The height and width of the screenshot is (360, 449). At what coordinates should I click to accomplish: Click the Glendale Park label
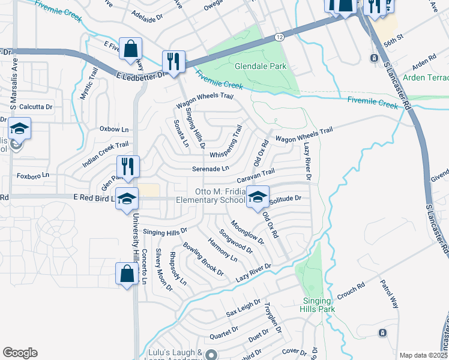coord(261,66)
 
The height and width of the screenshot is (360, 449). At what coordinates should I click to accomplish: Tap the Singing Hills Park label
coord(316,305)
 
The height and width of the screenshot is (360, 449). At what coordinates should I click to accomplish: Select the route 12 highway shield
coord(280,38)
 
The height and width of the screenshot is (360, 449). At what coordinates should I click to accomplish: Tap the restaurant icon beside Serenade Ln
coord(128,166)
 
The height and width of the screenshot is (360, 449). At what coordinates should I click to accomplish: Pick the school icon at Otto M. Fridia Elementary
coord(257,198)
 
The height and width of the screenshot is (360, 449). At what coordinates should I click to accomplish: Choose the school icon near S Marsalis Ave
coord(19,129)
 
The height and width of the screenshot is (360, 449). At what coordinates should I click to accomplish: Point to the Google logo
coord(20,353)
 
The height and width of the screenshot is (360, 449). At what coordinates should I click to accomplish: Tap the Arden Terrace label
coord(426,78)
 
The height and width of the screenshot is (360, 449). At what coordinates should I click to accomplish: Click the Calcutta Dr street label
coord(36,106)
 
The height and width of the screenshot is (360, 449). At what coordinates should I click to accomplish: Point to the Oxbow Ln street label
coord(114,129)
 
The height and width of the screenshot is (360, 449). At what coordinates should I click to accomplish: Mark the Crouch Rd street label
coord(351,290)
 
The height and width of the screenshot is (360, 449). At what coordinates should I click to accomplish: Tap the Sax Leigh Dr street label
coord(243,308)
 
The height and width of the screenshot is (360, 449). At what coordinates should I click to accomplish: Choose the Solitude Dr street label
coord(285,198)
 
